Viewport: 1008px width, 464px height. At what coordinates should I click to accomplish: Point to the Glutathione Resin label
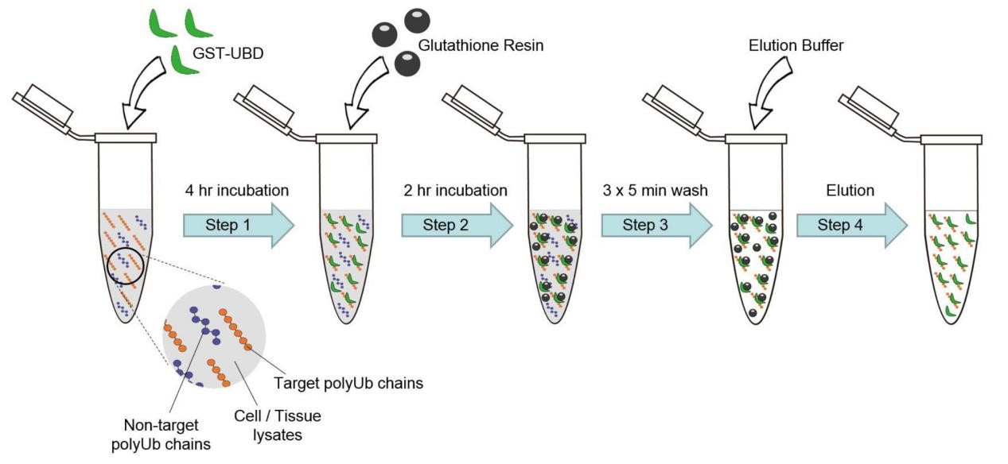click(x=481, y=46)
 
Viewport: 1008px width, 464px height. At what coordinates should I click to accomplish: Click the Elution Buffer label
click(x=796, y=46)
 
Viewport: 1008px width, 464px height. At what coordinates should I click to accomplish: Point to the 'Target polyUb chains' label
click(x=348, y=384)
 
